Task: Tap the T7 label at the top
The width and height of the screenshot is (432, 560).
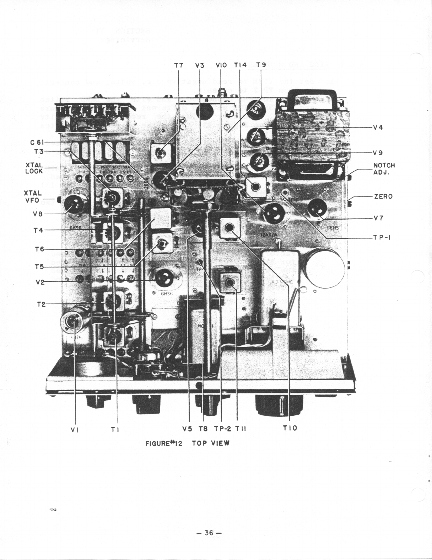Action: point(179,65)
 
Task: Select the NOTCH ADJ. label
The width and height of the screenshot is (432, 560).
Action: point(384,169)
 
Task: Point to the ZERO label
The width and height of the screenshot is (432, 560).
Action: point(383,196)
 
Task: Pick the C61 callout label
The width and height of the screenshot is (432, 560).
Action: point(37,143)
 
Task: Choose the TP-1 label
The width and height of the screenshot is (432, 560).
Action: point(382,237)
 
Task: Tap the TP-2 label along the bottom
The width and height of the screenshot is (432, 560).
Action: point(223,429)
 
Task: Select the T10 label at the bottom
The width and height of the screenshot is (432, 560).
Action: point(290,428)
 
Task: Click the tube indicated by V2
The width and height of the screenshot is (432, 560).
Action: point(163,278)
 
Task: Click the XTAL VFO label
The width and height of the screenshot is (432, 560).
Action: point(33,196)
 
